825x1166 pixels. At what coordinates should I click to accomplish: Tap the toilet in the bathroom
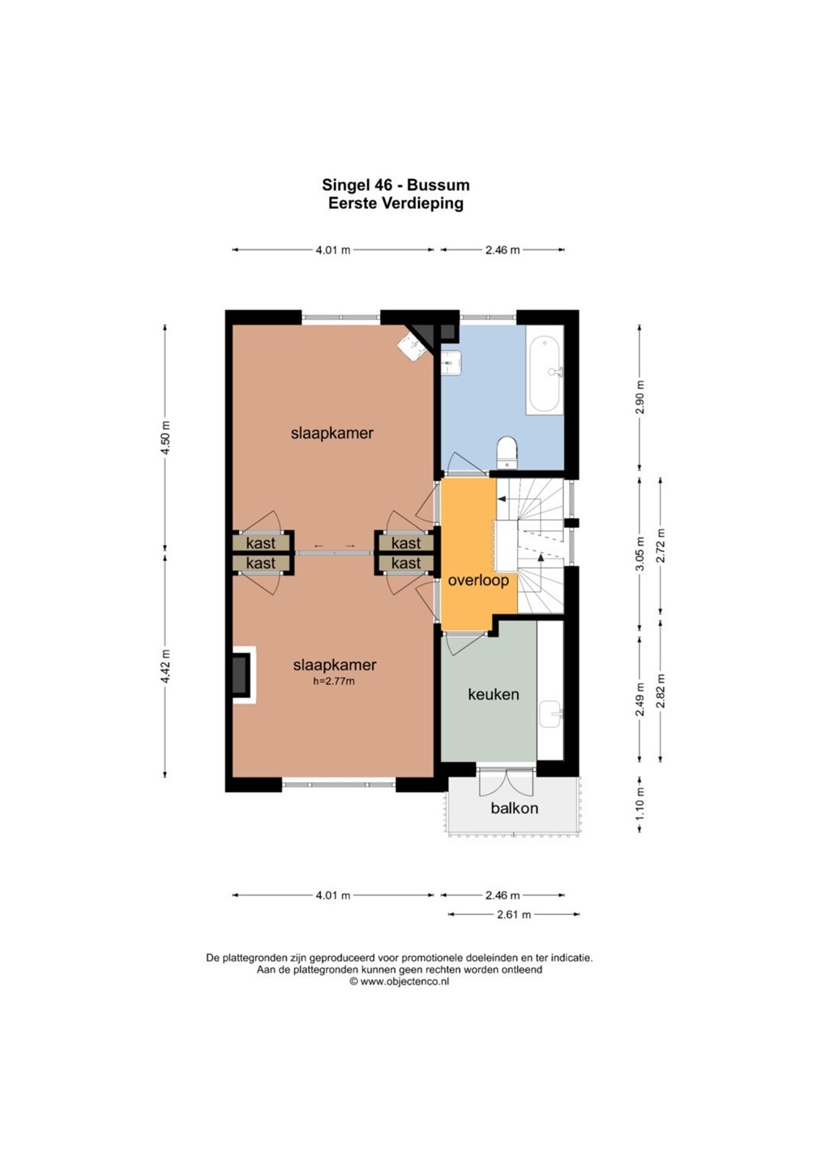(x=507, y=452)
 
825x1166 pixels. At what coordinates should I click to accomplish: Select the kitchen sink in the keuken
(x=550, y=713)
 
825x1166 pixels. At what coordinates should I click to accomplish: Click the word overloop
(x=478, y=581)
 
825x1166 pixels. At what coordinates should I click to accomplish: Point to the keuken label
(x=494, y=694)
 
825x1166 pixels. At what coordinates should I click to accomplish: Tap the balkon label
(x=514, y=807)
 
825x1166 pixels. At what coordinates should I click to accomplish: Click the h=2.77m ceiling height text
(x=334, y=681)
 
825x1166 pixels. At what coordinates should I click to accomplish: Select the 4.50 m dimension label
(x=165, y=436)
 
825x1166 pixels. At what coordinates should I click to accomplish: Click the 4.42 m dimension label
(x=165, y=666)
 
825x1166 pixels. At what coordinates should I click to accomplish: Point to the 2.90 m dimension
(x=640, y=397)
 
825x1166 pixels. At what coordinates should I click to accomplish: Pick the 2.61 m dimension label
(x=514, y=914)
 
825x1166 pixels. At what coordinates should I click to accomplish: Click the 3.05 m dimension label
(x=640, y=553)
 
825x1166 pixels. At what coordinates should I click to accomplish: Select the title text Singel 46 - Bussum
(x=395, y=185)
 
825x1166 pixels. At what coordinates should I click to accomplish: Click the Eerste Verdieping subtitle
(x=395, y=203)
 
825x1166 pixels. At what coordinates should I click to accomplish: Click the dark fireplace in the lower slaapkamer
(x=240, y=674)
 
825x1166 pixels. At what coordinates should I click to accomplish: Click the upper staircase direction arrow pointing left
(x=502, y=499)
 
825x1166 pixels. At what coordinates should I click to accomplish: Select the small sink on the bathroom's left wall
(x=451, y=362)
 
